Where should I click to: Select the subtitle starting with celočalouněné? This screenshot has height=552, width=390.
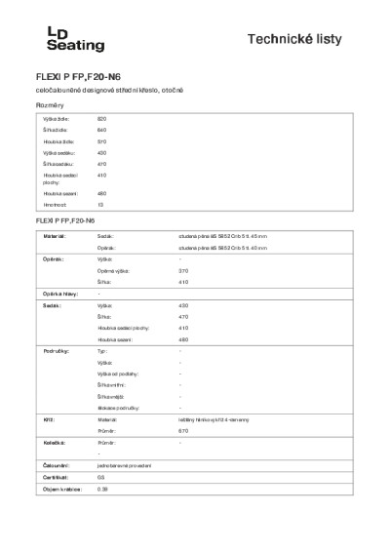104,90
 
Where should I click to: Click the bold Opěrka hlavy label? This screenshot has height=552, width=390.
58,294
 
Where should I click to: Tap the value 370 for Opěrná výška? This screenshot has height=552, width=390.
183,270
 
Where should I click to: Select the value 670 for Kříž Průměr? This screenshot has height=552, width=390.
183,430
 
